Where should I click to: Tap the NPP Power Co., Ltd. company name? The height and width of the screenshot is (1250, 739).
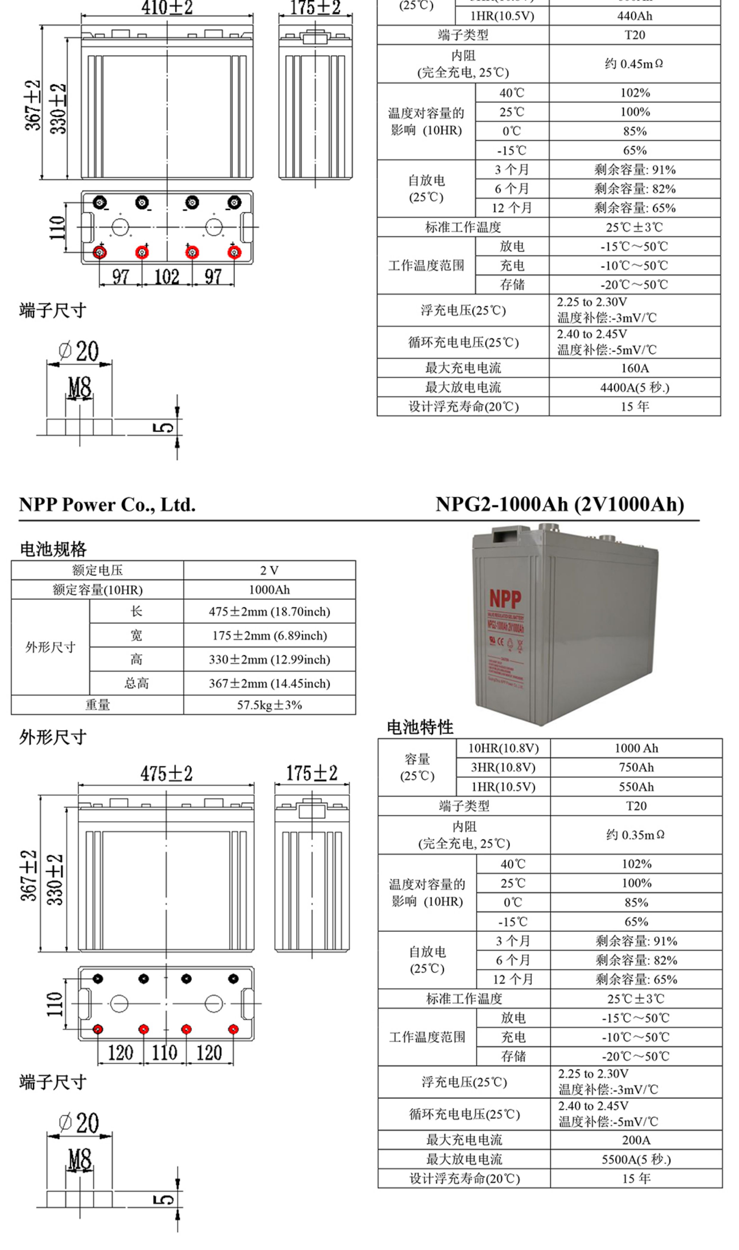click(x=107, y=505)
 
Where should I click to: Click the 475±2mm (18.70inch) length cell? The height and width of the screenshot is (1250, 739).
click(x=269, y=611)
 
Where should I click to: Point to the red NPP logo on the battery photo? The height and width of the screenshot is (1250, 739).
click(x=505, y=598)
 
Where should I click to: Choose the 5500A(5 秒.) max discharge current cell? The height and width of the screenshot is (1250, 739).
click(x=636, y=1159)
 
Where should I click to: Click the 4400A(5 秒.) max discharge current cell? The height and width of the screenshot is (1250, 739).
click(x=634, y=387)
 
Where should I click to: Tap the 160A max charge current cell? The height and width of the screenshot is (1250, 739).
click(x=634, y=368)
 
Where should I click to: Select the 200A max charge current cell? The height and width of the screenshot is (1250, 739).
click(x=636, y=1140)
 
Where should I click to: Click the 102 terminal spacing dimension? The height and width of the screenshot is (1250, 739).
click(x=167, y=276)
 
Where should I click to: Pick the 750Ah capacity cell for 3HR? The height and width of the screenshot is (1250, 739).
click(x=636, y=767)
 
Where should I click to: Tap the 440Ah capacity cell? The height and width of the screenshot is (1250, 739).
click(x=634, y=16)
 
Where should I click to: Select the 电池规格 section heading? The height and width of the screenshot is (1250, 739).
click(x=53, y=549)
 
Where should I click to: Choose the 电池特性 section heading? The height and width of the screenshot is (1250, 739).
click(x=420, y=727)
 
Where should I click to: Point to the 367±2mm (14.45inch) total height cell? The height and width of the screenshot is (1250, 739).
click(x=269, y=683)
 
